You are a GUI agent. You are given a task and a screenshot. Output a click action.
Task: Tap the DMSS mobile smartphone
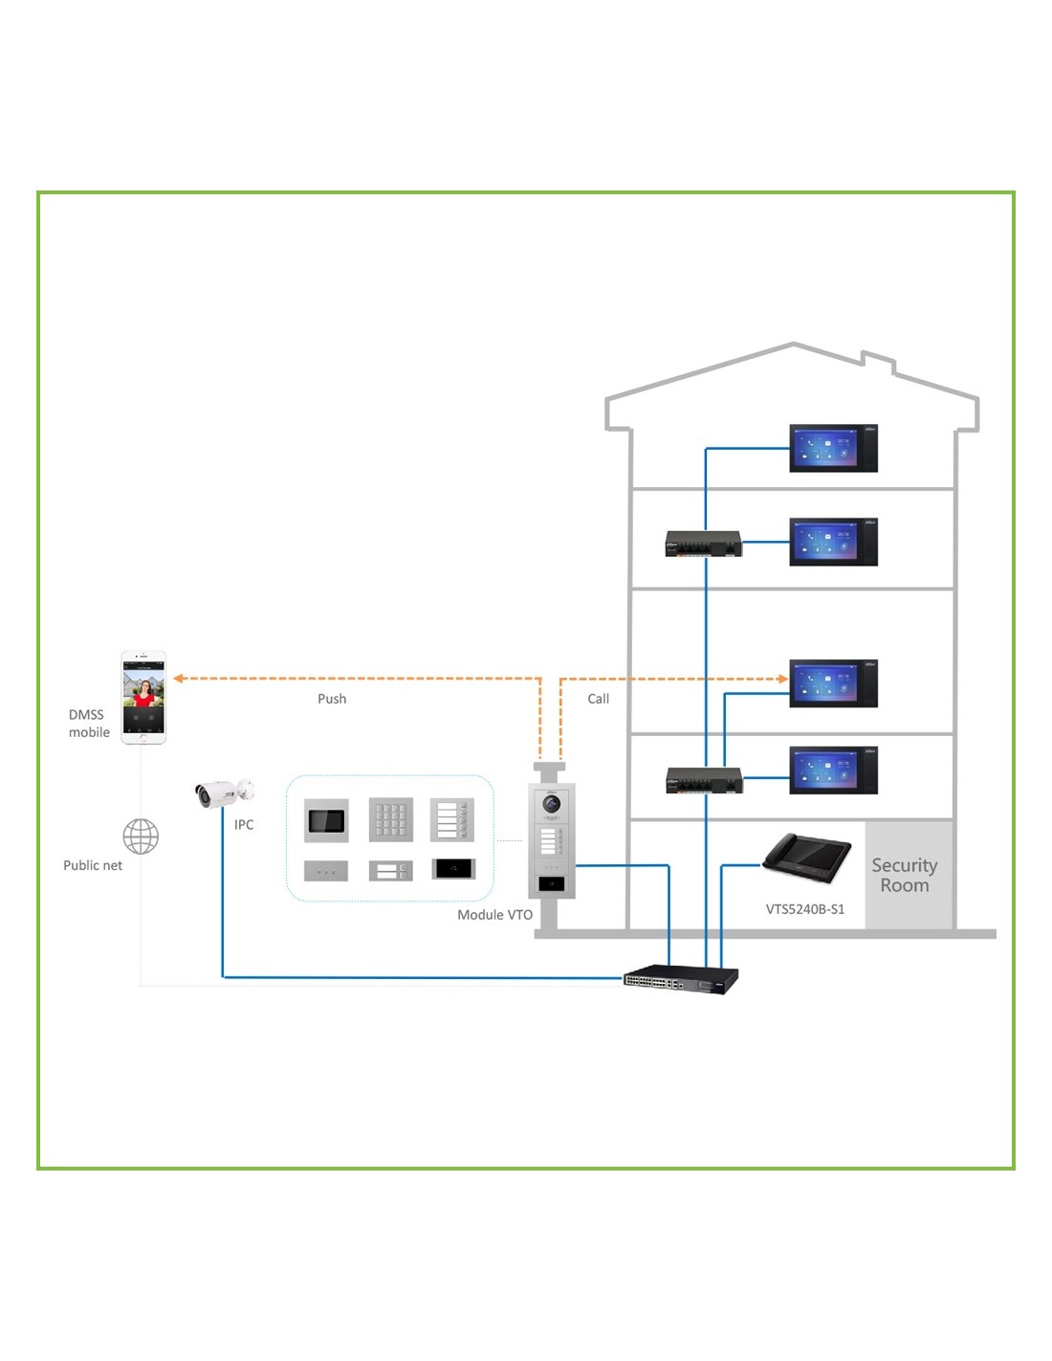pyautogui.click(x=143, y=697)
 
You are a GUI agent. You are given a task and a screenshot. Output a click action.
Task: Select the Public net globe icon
pyautogui.click(x=141, y=837)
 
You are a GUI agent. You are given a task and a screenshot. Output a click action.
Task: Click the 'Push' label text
pyautogui.click(x=332, y=699)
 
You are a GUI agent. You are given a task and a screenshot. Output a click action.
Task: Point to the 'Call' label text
pyautogui.click(x=598, y=699)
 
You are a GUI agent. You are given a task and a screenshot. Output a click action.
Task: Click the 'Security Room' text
pyautogui.click(x=904, y=875)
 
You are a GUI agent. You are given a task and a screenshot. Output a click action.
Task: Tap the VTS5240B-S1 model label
pyautogui.click(x=805, y=909)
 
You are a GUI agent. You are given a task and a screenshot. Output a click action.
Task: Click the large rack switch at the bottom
pyautogui.click(x=681, y=979)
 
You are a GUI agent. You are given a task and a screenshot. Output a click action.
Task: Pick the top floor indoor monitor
pyautogui.click(x=833, y=448)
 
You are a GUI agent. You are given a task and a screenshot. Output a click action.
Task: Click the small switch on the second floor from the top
pyautogui.click(x=703, y=544)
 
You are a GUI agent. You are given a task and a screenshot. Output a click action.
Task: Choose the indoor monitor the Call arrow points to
pyautogui.click(x=833, y=683)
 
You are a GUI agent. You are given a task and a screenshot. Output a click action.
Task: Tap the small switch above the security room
pyautogui.click(x=704, y=781)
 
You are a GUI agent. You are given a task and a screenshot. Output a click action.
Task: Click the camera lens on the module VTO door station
pyautogui.click(x=552, y=804)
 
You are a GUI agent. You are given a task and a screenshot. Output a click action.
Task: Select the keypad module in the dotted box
pyautogui.click(x=391, y=820)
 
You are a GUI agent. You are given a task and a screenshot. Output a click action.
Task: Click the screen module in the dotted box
pyautogui.click(x=326, y=820)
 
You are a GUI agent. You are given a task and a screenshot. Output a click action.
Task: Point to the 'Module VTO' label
pyautogui.click(x=494, y=915)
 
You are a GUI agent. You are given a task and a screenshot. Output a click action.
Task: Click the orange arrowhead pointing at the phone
pyautogui.click(x=179, y=679)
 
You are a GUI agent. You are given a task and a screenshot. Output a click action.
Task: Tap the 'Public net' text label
pyautogui.click(x=93, y=865)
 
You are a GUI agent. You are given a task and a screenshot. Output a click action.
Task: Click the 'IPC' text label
pyautogui.click(x=244, y=825)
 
